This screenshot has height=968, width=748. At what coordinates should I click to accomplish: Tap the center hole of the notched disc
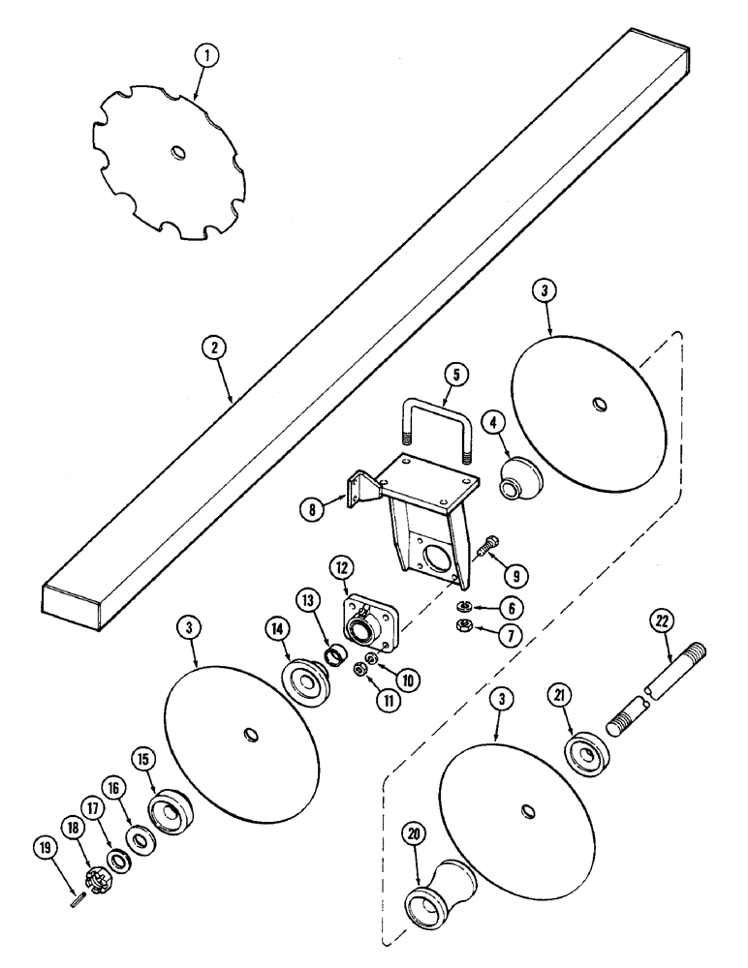click(176, 153)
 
